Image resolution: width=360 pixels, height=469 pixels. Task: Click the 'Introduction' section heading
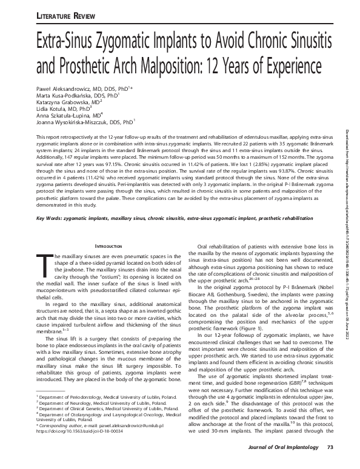click(x=106, y=245)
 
